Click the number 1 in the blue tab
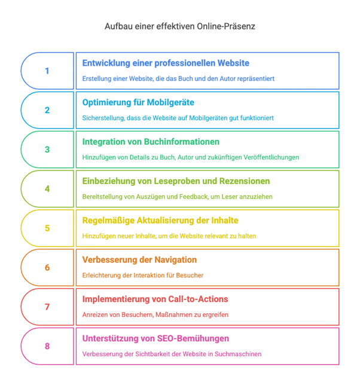point(47,71)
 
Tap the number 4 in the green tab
point(47,189)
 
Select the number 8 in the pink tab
point(47,346)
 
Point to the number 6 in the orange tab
point(47,268)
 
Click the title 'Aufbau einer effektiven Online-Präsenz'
point(180,27)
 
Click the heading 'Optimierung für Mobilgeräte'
point(138,102)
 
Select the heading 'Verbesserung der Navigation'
point(139,260)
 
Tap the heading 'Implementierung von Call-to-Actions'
point(155,299)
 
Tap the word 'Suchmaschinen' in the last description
point(239,354)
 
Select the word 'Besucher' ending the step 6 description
point(190,275)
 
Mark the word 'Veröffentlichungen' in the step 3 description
point(270,157)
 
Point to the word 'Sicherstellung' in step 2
point(102,118)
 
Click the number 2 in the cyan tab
point(47,111)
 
